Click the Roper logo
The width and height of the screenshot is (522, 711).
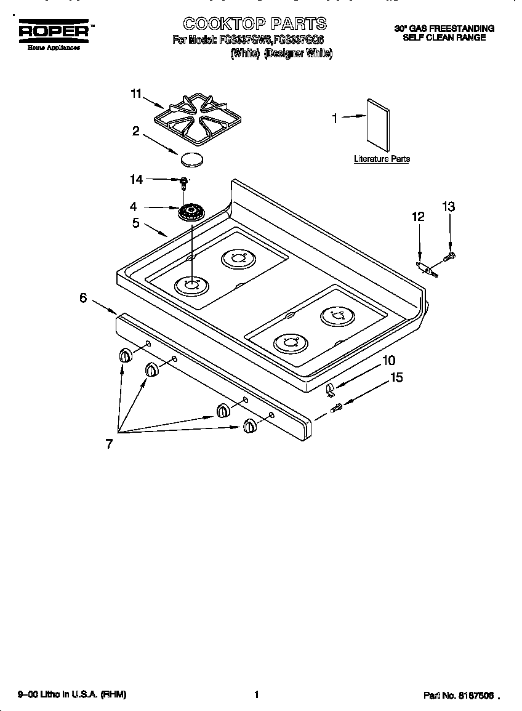[54, 31]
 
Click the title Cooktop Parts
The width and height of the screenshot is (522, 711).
[254, 23]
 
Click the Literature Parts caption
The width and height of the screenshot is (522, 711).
[382, 159]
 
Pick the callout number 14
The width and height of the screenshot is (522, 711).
[136, 180]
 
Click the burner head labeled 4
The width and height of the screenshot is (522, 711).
[191, 213]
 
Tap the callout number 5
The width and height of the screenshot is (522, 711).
[135, 223]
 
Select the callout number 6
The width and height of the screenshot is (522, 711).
[83, 298]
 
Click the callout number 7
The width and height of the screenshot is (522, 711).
[109, 444]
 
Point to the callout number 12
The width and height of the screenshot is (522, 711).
[418, 217]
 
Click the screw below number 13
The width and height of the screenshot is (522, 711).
[451, 254]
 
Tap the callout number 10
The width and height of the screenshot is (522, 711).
[388, 360]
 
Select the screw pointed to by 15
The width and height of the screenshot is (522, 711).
[337, 407]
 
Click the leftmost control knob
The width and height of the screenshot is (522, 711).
[125, 356]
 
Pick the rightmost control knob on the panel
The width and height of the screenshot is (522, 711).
[249, 425]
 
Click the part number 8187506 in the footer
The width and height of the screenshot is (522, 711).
[476, 696]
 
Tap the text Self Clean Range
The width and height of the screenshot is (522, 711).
[444, 38]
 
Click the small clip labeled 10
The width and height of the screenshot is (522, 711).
[330, 388]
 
